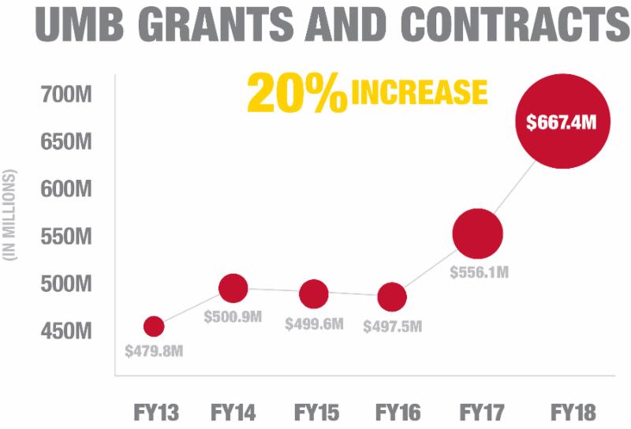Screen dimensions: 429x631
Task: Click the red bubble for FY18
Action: click(563, 122)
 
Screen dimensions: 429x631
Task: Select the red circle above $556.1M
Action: click(477, 233)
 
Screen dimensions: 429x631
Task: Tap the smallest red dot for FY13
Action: click(154, 326)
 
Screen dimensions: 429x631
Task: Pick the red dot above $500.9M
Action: click(233, 289)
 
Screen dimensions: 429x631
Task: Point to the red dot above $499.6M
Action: click(313, 293)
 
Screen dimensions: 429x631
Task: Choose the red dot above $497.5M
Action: click(392, 297)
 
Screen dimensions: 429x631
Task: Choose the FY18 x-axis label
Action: click(572, 412)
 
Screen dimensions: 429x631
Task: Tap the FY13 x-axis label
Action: click(155, 412)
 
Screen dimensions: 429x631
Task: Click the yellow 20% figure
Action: click(297, 94)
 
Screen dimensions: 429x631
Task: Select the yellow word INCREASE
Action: click(419, 92)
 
